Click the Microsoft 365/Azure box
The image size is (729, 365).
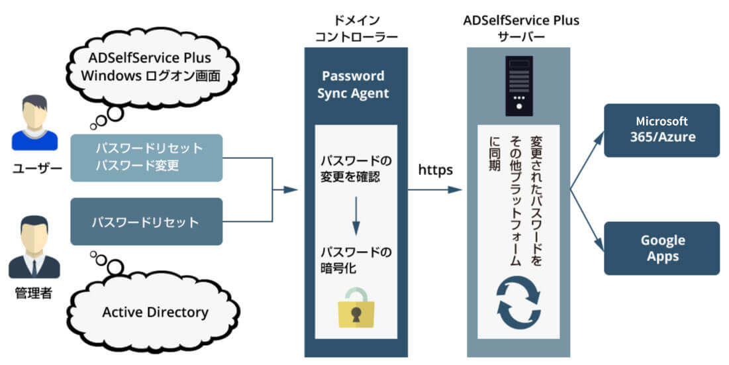pos(661,130)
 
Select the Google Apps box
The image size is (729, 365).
pos(661,248)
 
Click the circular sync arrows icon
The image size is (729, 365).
pos(518,303)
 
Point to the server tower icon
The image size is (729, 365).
pos(518,83)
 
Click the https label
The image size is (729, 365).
pos(436,170)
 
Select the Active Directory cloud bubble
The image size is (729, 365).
pos(155,312)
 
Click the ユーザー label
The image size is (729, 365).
pos(33,169)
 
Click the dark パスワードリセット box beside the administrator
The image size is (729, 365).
pos(146,221)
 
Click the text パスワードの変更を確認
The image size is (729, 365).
pos(356,169)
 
